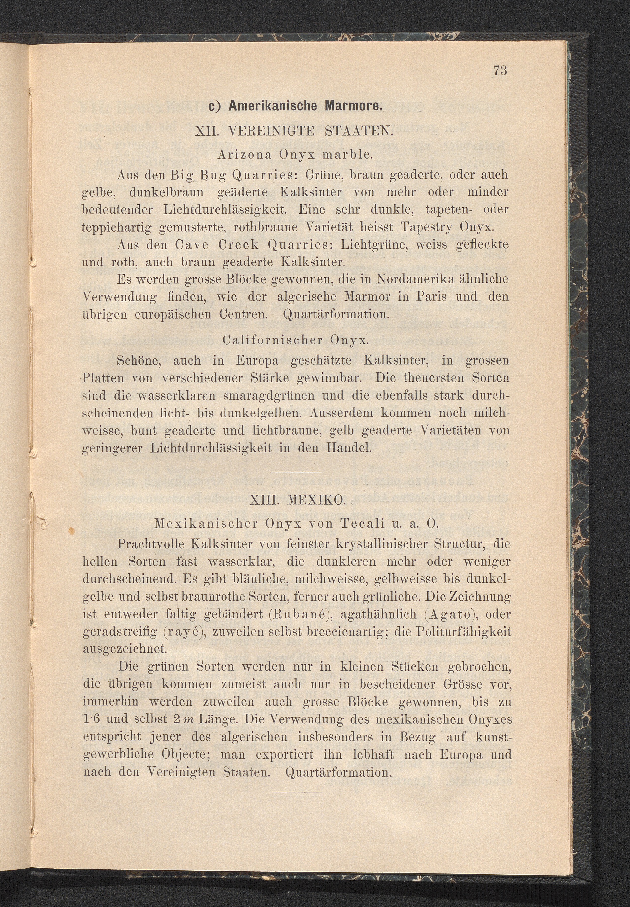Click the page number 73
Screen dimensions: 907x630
pos(499,71)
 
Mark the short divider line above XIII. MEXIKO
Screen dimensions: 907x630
pos(296,472)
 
